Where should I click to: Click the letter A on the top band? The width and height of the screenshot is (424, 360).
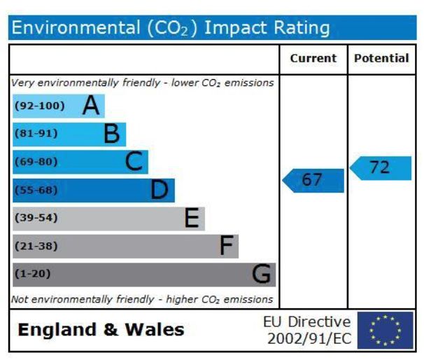point(91,106)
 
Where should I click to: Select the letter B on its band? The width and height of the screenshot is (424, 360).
point(112,134)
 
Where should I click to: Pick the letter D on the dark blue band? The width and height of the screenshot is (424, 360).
point(160,190)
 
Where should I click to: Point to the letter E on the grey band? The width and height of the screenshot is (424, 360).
point(192,218)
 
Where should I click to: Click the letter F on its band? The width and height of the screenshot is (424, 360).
point(225,246)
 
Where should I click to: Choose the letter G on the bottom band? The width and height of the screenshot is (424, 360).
point(261,274)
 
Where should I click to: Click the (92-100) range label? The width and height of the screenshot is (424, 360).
point(39,106)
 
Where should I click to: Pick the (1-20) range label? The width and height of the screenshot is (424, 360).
point(33,274)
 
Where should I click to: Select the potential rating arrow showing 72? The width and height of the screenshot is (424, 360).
point(381,168)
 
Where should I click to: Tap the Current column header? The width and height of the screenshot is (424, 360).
point(313,59)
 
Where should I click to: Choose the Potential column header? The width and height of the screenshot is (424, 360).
point(381,59)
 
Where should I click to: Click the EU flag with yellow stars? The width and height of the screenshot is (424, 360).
point(385,330)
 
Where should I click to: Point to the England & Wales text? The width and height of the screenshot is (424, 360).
point(101,330)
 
